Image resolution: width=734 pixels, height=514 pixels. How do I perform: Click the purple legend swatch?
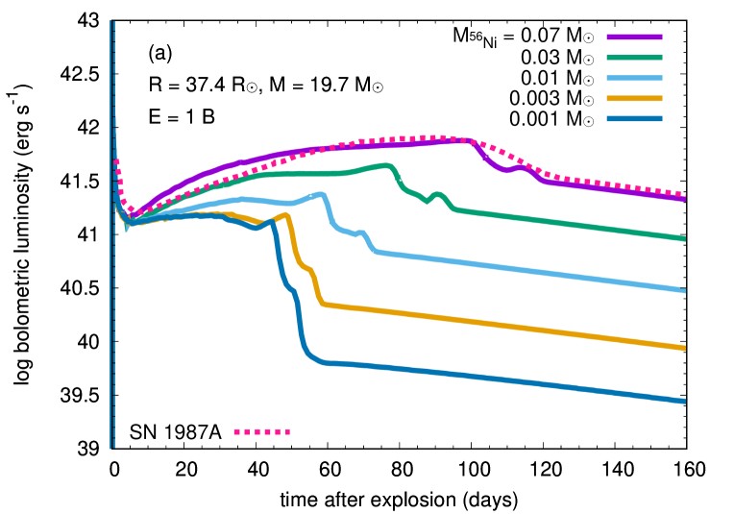click(x=634, y=37)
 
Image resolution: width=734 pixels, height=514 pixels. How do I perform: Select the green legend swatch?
click(x=634, y=58)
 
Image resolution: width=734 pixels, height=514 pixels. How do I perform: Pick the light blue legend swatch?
click(x=634, y=79)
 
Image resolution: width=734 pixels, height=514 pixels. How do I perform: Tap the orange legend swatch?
click(x=634, y=98)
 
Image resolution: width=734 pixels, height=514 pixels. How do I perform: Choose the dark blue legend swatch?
click(x=634, y=119)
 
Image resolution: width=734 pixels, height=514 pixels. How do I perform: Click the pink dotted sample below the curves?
click(x=261, y=432)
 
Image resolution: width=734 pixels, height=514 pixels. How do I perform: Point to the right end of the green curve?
click(x=684, y=238)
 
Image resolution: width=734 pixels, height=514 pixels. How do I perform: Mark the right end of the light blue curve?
click(x=684, y=290)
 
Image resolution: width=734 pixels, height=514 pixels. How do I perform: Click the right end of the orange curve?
click(x=684, y=348)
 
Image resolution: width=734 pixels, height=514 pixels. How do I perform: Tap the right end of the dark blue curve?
click(x=684, y=401)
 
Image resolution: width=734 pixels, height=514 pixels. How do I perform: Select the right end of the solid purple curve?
click(x=684, y=199)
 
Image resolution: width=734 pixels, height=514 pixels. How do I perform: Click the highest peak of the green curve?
click(x=387, y=165)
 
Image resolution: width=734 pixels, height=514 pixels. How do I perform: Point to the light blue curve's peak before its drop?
click(x=322, y=194)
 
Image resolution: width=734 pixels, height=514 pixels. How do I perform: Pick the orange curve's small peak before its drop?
click(x=286, y=214)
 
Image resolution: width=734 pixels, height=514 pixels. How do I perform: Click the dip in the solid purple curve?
click(x=505, y=170)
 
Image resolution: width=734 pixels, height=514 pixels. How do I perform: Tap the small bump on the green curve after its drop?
click(x=438, y=194)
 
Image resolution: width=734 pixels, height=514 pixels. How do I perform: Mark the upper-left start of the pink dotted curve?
click(x=116, y=160)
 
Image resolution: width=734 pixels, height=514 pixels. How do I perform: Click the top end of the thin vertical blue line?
click(x=112, y=21)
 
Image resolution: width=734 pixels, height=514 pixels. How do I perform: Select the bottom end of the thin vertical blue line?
click(x=112, y=448)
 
